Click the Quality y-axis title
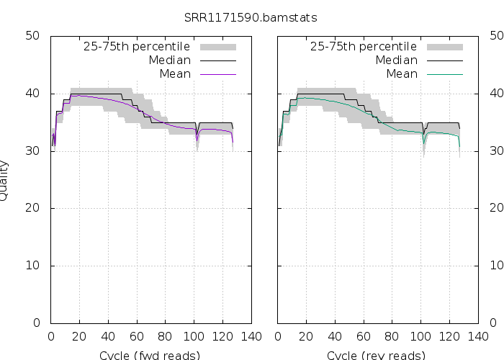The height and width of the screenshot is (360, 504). [5, 180]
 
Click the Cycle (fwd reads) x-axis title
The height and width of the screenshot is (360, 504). [150, 355]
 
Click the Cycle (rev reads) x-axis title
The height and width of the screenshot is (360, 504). [377, 355]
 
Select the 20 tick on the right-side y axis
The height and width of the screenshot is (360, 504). [497, 208]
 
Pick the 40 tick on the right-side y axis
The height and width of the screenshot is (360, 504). [497, 94]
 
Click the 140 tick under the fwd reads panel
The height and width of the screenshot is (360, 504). [251, 336]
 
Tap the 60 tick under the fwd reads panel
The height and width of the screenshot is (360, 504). [136, 336]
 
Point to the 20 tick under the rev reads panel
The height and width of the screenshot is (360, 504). [307, 336]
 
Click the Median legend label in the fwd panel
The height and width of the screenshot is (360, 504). [169, 60]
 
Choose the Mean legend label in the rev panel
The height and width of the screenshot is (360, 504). [402, 74]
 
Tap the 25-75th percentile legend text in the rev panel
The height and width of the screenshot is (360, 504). [364, 47]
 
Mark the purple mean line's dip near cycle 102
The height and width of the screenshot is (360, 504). [197, 142]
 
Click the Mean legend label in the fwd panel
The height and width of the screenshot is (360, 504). [175, 74]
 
